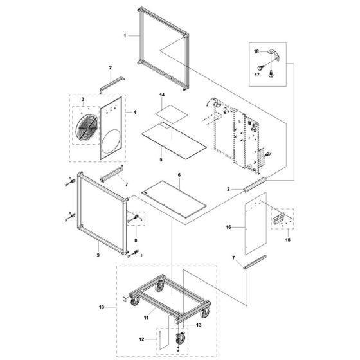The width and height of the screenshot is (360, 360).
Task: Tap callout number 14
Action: [163, 95]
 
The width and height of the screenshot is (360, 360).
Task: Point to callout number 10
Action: [102, 308]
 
